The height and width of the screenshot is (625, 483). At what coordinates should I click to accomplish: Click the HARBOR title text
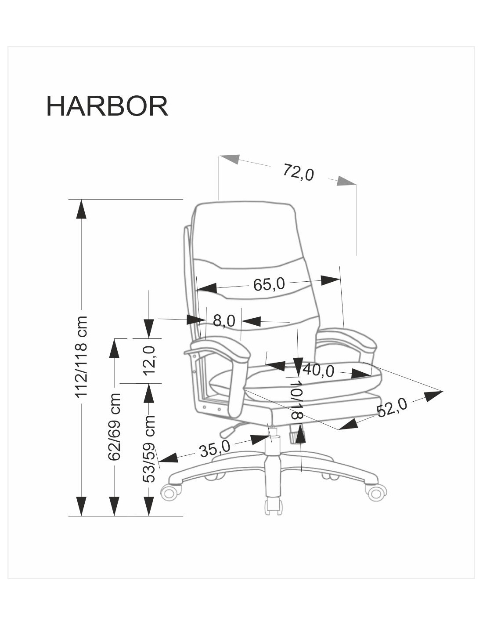pyautogui.click(x=107, y=106)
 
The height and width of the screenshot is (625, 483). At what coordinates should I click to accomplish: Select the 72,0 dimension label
pyautogui.click(x=298, y=172)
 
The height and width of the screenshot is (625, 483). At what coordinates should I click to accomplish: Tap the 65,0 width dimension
pyautogui.click(x=269, y=284)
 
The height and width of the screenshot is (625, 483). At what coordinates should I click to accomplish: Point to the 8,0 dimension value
pyautogui.click(x=224, y=320)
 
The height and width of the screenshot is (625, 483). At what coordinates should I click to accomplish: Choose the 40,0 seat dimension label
pyautogui.click(x=318, y=370)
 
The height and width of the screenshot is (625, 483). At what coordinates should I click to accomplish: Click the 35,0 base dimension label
pyautogui.click(x=214, y=449)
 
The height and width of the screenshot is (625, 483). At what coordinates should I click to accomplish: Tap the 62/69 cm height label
pyautogui.click(x=114, y=426)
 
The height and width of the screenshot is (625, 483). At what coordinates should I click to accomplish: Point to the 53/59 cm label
pyautogui.click(x=149, y=448)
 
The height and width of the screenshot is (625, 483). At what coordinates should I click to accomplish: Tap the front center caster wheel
pyautogui.click(x=273, y=505)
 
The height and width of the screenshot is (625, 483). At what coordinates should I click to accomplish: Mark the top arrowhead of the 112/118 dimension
pyautogui.click(x=81, y=209)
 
